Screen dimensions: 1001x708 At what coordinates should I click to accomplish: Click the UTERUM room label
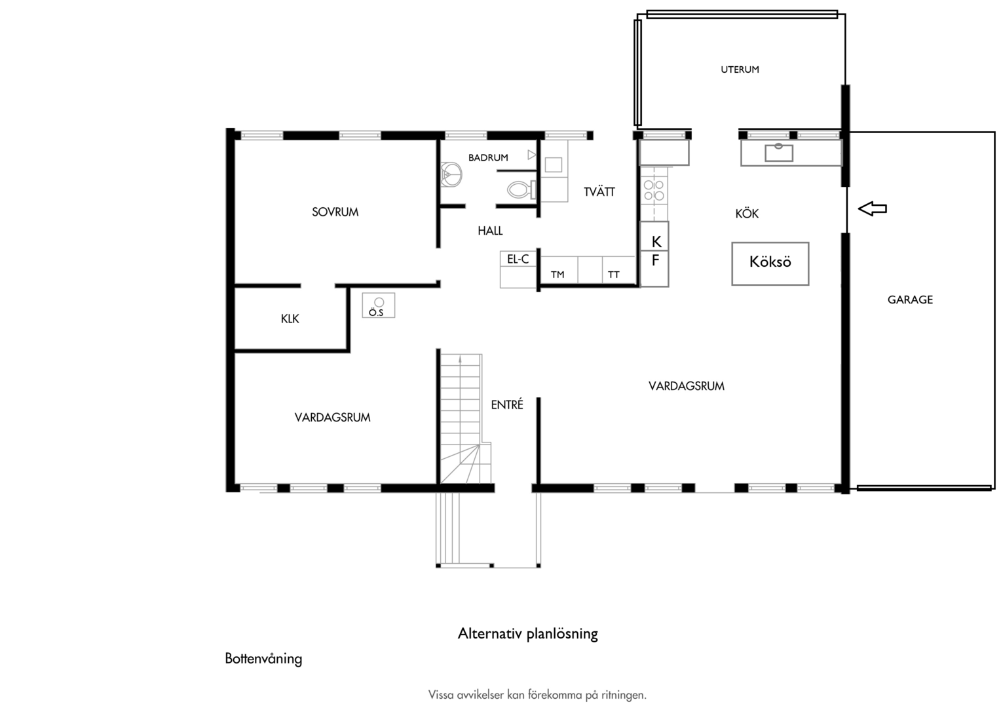click(x=740, y=69)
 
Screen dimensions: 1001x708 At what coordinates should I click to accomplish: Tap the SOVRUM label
click(x=335, y=212)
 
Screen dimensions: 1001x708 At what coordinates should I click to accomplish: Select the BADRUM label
click(x=488, y=157)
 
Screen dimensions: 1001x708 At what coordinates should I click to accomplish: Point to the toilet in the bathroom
click(x=521, y=189)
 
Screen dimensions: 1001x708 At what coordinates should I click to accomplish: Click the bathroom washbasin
click(x=451, y=174)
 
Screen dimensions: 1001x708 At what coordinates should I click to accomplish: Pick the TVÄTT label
click(x=599, y=191)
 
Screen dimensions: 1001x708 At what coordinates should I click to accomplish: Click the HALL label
click(x=490, y=231)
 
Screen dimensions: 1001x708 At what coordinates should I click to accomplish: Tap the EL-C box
click(x=518, y=259)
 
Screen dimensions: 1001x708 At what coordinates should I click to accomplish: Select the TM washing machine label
click(x=557, y=275)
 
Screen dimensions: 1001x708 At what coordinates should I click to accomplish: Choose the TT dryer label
click(x=614, y=275)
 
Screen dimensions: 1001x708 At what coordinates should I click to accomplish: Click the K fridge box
click(x=654, y=236)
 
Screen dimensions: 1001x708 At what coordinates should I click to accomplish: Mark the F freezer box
click(x=654, y=268)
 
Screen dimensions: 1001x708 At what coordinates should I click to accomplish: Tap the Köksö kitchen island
click(x=770, y=264)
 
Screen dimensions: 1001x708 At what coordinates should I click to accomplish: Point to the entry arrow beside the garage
click(x=873, y=208)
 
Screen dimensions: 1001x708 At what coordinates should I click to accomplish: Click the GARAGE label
click(x=910, y=300)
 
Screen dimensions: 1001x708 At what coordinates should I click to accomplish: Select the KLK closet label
click(x=290, y=319)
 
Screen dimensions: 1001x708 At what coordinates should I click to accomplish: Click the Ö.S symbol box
click(x=379, y=305)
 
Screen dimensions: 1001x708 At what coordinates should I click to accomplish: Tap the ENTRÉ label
click(x=507, y=404)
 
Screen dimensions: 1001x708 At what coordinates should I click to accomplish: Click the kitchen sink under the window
click(x=779, y=153)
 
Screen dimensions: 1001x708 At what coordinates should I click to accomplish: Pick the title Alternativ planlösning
click(x=528, y=634)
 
